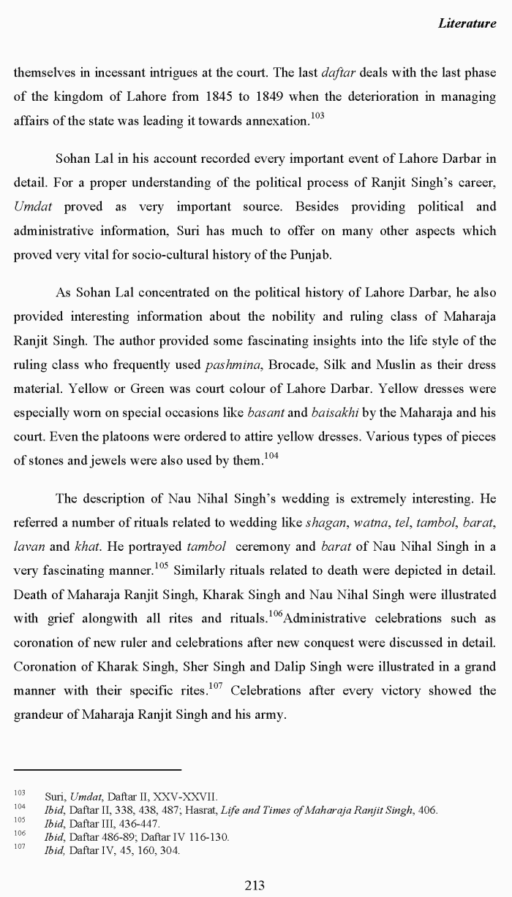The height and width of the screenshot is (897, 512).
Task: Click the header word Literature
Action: [x=467, y=23]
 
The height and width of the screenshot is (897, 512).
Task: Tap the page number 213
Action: [x=254, y=885]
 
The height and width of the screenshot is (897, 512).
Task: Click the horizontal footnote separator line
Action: [x=97, y=769]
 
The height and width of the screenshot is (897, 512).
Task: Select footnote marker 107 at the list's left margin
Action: [x=20, y=848]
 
